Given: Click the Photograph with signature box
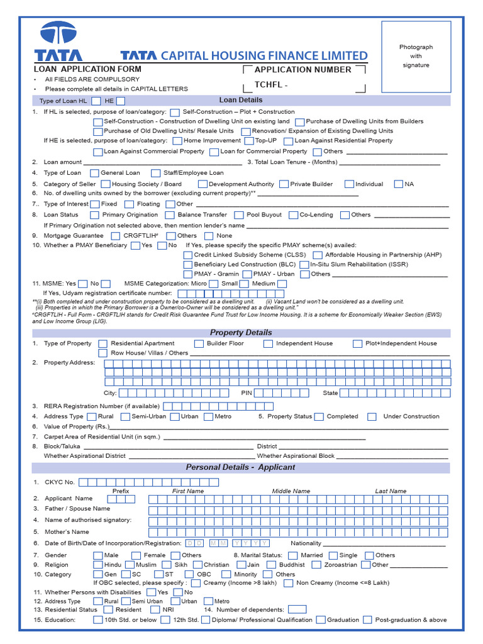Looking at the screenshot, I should (416, 57).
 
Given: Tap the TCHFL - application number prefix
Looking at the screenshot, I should (270, 85).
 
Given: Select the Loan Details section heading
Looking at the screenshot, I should (241, 100).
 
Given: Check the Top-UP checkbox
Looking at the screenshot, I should (249, 141).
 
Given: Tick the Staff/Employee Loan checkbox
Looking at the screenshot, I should (155, 173).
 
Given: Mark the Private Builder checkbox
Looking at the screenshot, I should (284, 184).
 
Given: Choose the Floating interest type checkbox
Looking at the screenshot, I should (129, 204).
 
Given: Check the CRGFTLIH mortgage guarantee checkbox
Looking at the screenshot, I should (115, 236).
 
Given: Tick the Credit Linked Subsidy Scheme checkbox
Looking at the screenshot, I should (188, 255).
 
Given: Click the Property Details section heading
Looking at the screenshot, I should (241, 333).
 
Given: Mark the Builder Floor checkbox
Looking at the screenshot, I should (199, 344).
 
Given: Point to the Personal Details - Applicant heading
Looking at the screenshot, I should (241, 468).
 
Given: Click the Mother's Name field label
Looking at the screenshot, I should (67, 532).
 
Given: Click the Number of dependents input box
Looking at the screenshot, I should (297, 609).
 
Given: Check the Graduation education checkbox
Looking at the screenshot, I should (321, 619).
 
